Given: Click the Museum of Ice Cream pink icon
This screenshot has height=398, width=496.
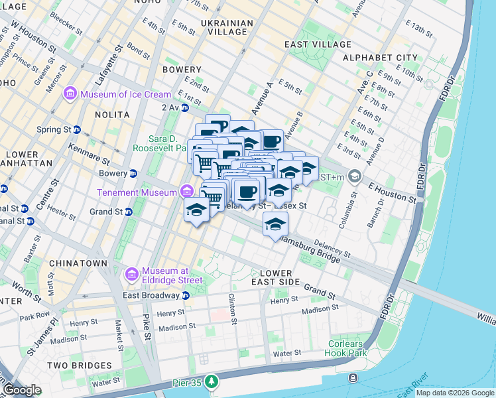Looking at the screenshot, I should click(x=70, y=94).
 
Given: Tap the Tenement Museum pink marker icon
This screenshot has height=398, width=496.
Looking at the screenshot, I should click(x=187, y=192).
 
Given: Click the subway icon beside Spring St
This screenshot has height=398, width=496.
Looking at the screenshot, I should click(x=77, y=129).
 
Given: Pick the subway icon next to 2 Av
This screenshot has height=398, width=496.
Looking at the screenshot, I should click(x=184, y=107).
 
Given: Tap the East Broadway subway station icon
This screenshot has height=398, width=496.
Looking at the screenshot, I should click(x=186, y=295).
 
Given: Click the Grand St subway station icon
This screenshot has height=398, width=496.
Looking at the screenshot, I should click(x=129, y=212).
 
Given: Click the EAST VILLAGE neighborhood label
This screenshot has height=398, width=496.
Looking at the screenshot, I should click(x=318, y=44).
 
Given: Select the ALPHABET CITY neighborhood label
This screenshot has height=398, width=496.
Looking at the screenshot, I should click(x=380, y=58).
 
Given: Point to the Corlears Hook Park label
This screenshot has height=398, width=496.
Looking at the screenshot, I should click(x=347, y=349).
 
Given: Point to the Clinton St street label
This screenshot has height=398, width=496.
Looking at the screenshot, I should click(x=233, y=309).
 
